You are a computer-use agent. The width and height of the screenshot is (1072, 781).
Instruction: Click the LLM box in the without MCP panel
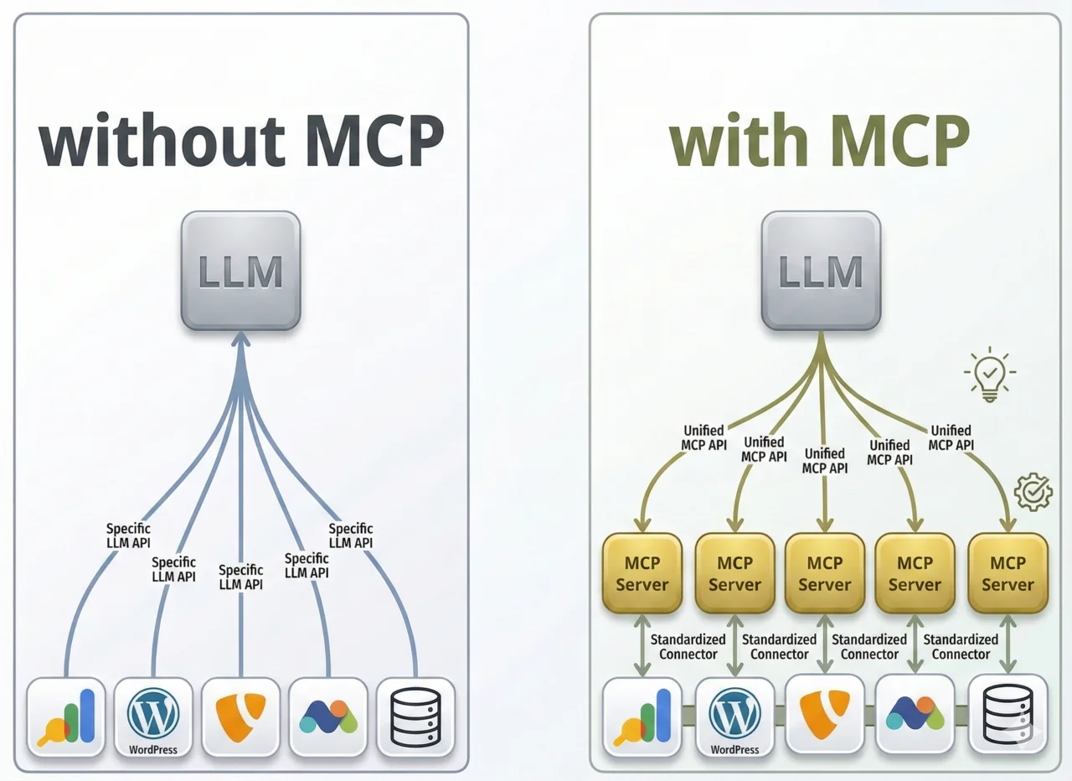click(240, 271)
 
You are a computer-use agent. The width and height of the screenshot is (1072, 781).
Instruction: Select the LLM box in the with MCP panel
click(821, 271)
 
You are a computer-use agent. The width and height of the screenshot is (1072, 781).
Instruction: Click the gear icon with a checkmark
click(1033, 492)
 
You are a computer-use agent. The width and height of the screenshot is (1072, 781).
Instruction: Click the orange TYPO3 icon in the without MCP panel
click(240, 716)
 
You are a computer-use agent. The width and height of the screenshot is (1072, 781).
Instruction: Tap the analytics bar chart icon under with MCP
click(642, 716)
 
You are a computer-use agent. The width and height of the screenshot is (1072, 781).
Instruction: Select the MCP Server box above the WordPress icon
click(734, 573)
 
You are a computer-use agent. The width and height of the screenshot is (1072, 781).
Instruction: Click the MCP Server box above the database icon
click(1008, 573)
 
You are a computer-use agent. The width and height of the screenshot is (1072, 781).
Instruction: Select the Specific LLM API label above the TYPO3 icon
click(240, 577)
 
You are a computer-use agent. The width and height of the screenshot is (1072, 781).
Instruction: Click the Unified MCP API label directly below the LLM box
click(824, 460)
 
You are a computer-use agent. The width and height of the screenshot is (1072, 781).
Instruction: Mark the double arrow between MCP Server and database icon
click(1008, 645)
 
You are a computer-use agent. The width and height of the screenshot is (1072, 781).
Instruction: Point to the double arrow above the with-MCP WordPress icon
click(734, 645)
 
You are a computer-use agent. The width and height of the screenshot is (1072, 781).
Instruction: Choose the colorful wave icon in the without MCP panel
click(328, 716)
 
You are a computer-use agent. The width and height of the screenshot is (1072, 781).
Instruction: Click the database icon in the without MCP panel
click(415, 716)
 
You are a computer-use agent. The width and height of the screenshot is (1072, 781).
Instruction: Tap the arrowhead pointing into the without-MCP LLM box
click(241, 339)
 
